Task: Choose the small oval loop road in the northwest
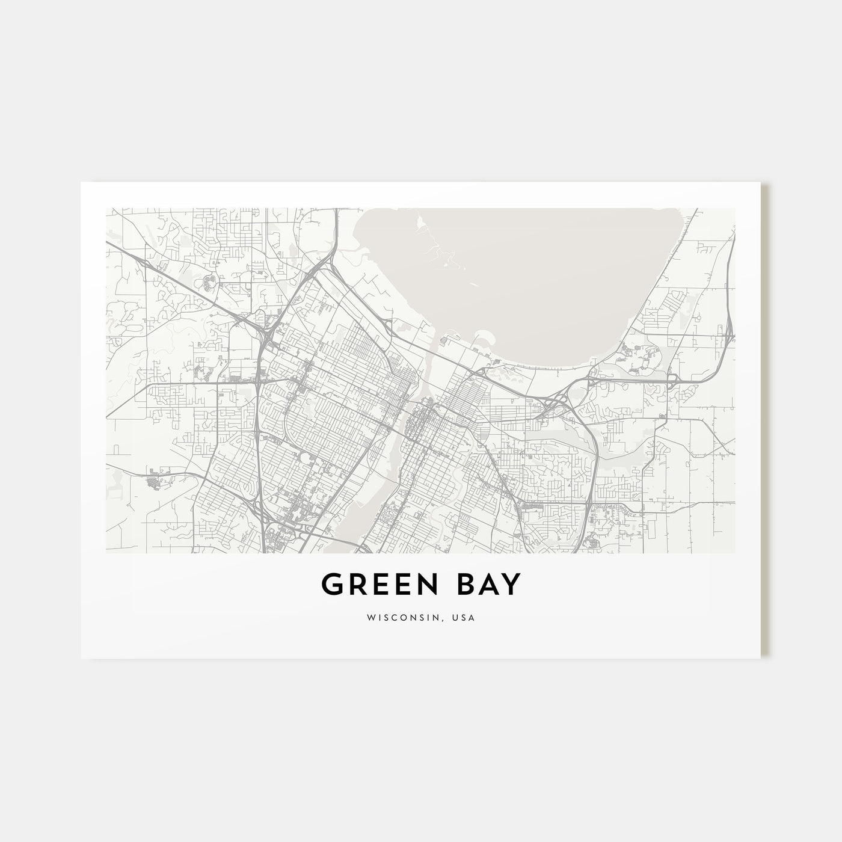210,279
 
